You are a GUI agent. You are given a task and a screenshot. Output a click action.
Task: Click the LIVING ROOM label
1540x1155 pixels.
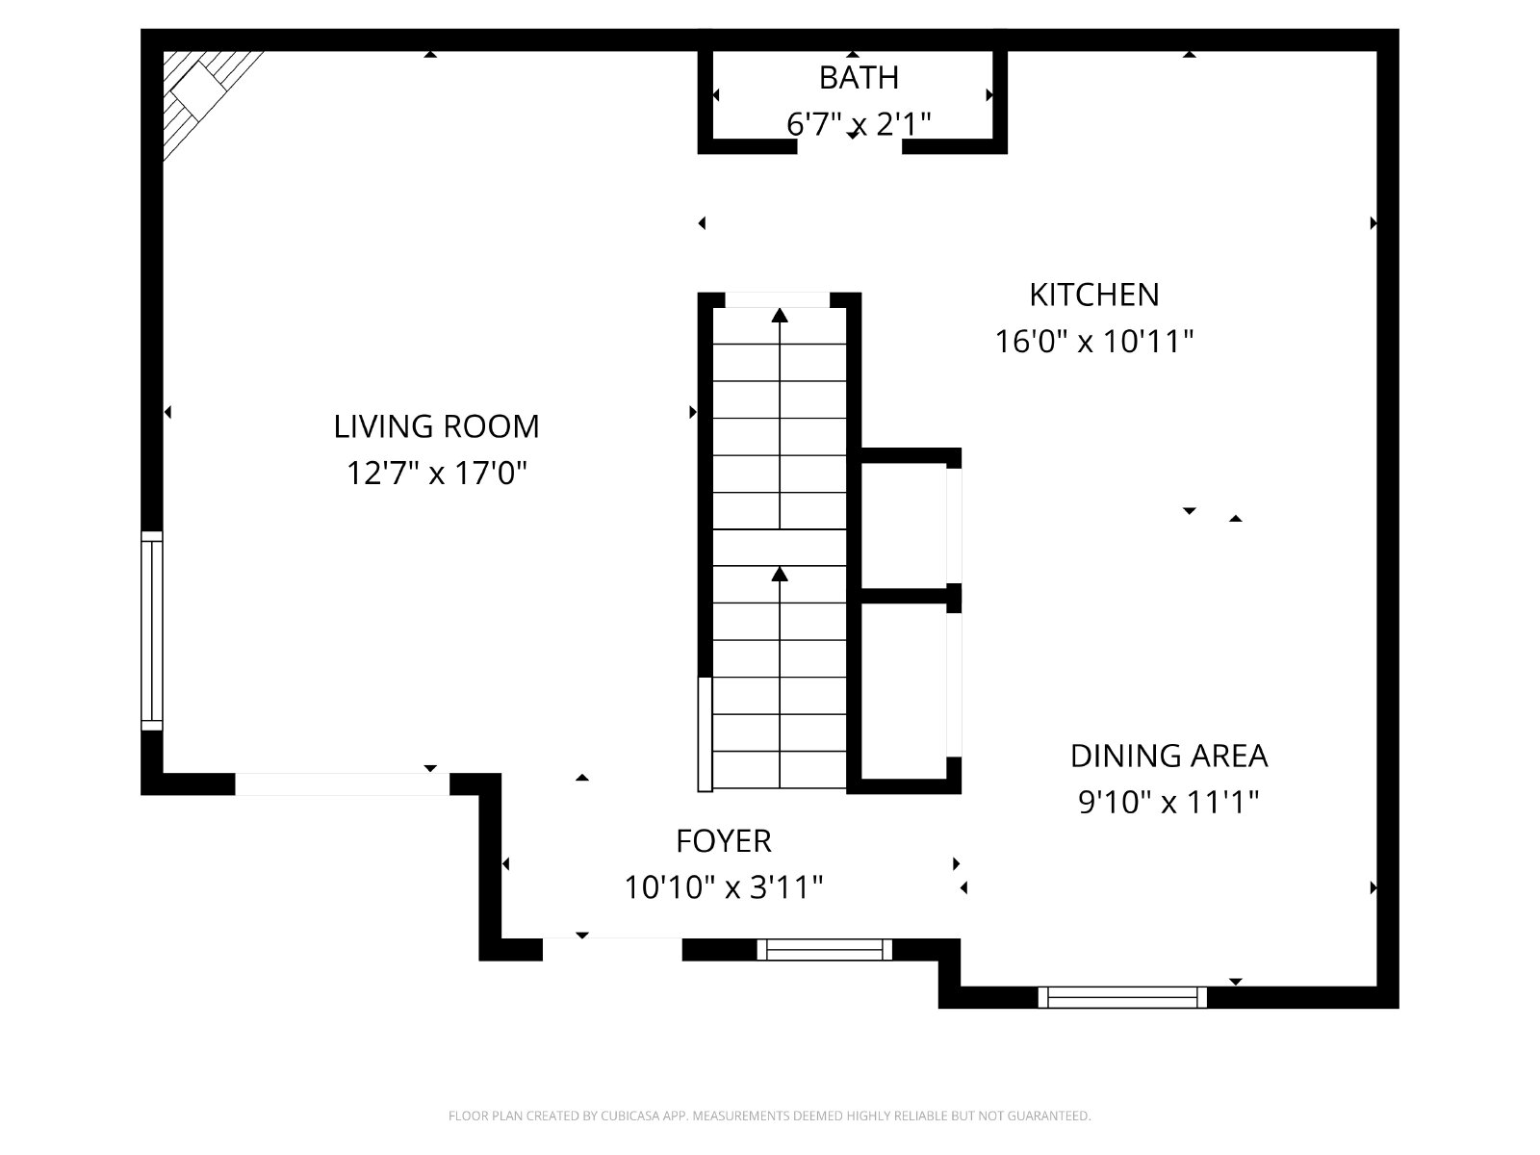point(436,426)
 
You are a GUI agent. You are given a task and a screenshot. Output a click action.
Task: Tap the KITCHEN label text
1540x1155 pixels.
point(1093,295)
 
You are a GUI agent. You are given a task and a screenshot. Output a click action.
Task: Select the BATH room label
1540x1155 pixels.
point(859,77)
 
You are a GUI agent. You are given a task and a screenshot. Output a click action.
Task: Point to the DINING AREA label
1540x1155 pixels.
point(1168,756)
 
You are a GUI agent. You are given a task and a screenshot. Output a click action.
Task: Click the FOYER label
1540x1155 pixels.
point(724,841)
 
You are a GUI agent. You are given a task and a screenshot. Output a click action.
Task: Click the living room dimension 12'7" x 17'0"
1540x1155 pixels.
point(436,473)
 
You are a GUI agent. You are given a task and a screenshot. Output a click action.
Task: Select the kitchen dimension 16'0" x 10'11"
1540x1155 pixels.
point(1093,342)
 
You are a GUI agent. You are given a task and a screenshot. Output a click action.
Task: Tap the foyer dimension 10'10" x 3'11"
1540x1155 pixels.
point(724,887)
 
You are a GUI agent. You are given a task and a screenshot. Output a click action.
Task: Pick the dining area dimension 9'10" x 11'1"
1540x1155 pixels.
point(1168,802)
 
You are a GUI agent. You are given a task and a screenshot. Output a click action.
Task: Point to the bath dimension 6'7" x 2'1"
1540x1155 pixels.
point(859,124)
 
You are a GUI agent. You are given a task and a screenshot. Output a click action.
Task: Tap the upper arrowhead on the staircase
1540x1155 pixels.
point(780,316)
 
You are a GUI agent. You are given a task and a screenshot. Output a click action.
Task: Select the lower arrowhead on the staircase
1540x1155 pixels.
point(780,575)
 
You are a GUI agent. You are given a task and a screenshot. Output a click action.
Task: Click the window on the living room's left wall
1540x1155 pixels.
point(151,631)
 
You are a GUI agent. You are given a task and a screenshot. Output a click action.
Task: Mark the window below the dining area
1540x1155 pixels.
point(1122,996)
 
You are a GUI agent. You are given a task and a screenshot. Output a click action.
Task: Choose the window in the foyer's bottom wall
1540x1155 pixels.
point(824,950)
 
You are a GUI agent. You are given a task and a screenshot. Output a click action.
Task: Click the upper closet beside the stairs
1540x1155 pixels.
point(904,526)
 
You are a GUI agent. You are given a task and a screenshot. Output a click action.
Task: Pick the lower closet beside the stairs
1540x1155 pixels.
point(904,691)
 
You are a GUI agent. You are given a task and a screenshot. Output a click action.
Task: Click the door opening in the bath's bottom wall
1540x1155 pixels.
point(850,146)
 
